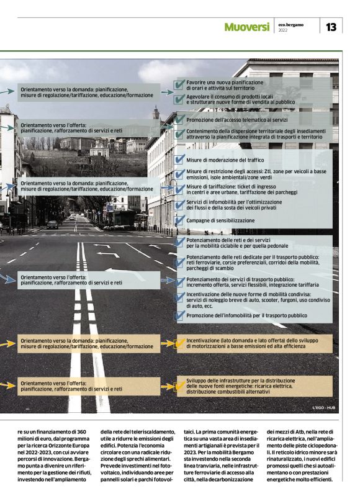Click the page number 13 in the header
click(x=331, y=27)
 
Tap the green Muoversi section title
click(x=246, y=27)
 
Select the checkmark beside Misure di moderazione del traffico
click(x=180, y=159)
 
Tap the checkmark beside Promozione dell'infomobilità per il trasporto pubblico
click(x=180, y=315)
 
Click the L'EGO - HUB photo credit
click(x=323, y=408)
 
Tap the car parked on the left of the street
click(x=53, y=224)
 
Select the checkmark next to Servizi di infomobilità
click(x=180, y=204)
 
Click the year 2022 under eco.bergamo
click(x=283, y=30)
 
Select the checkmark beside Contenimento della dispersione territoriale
click(x=180, y=133)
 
